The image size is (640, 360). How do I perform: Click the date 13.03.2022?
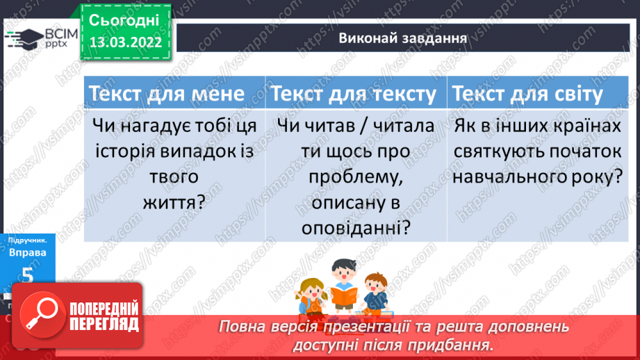coord(125,42)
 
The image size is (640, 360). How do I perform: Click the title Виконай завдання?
coord(402,37)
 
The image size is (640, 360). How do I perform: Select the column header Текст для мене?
coord(165,94)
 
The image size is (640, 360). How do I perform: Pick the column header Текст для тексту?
coord(354,94)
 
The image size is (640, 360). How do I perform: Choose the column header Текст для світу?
coord(527,94)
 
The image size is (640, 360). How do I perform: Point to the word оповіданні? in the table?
coord(354,227)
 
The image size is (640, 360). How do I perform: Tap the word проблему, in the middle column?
coord(354,177)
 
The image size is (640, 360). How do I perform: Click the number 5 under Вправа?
coord(28,275)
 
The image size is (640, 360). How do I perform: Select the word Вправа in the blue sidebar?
coord(28,252)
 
